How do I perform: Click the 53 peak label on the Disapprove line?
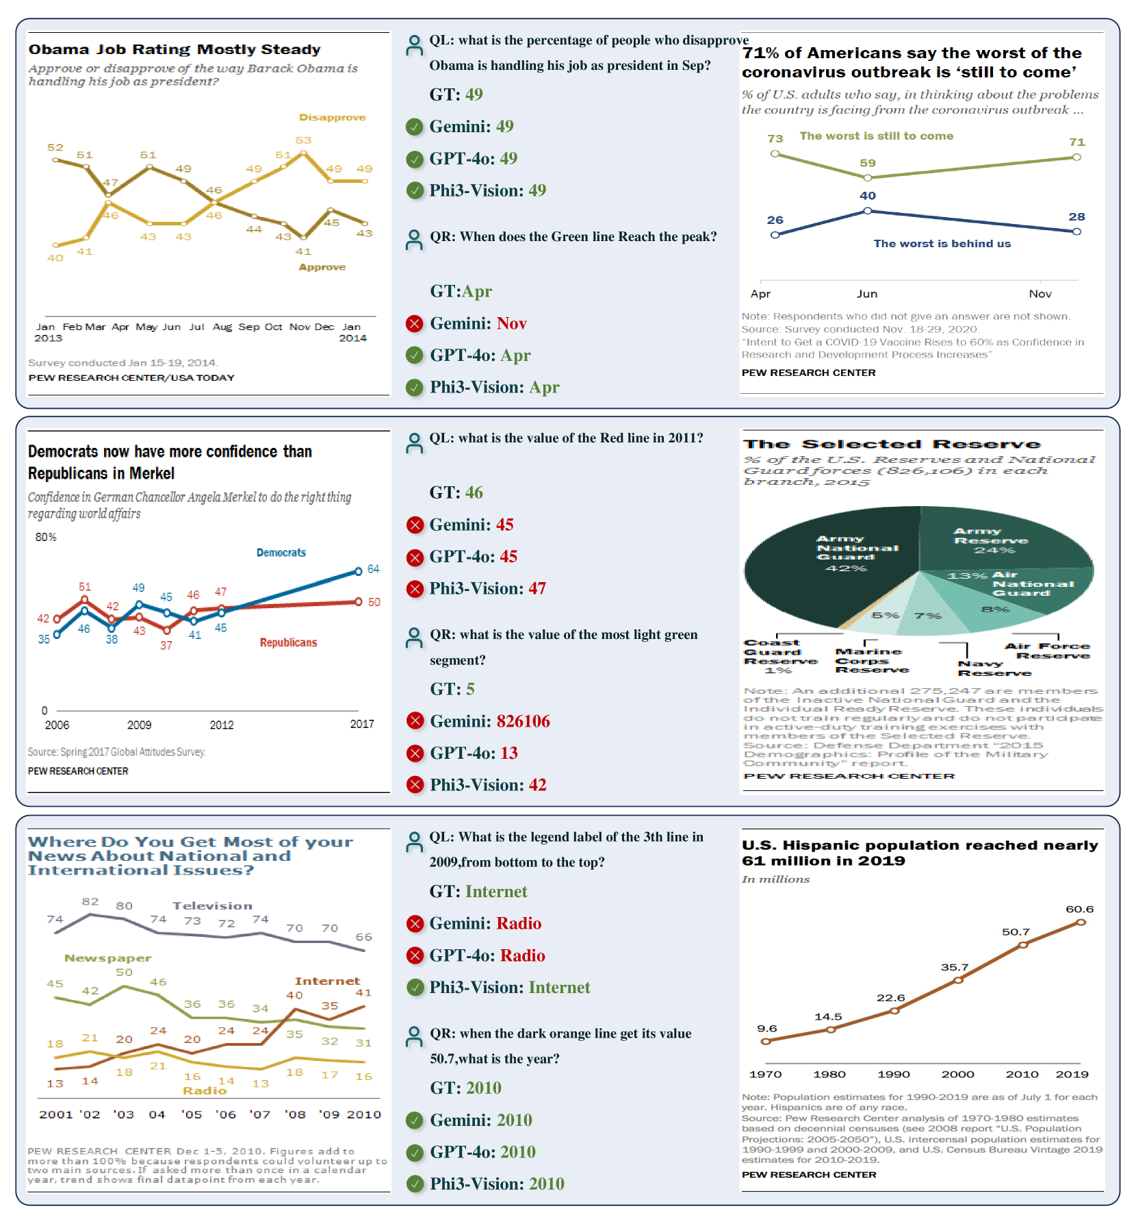point(303,140)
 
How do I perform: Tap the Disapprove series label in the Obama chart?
point(332,118)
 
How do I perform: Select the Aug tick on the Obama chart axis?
point(222,327)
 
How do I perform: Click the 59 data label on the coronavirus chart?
point(868,163)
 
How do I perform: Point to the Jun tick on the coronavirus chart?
point(867,294)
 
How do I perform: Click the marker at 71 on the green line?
point(1076,158)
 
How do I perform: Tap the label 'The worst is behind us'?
point(942,244)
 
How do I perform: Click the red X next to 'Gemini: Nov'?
point(414,323)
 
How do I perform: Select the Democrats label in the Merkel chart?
point(281,553)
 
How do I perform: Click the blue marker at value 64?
point(359,571)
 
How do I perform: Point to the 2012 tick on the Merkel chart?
point(222,725)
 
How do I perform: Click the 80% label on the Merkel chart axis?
point(46,537)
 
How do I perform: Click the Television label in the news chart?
point(212,906)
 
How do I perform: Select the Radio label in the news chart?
point(205,1090)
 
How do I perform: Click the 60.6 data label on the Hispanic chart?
point(1079,909)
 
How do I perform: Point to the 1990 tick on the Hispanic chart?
point(894,1075)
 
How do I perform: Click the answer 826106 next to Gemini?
point(524,721)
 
